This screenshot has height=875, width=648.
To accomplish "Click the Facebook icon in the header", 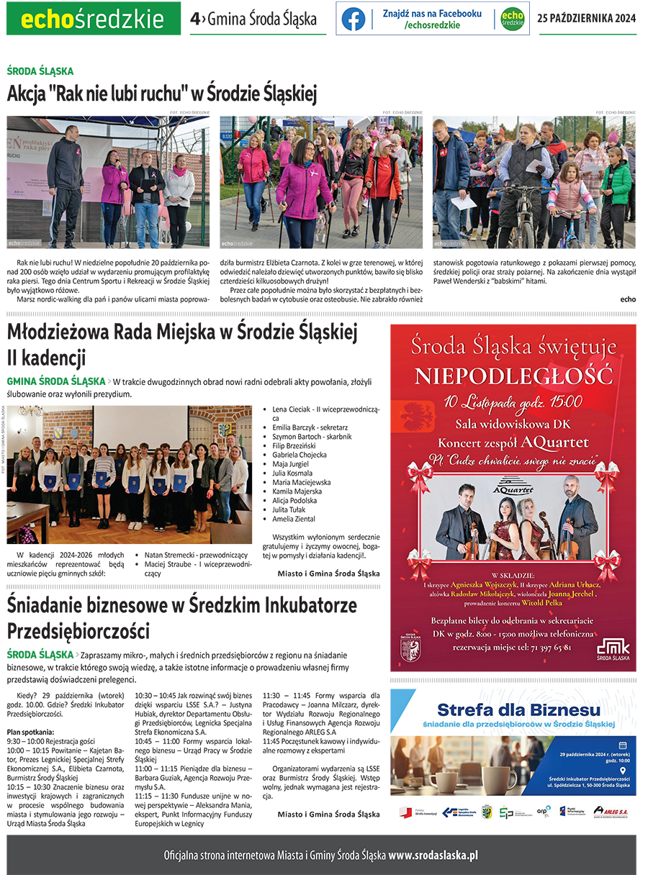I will tap(354, 19).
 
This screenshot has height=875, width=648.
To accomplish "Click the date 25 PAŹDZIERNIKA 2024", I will tap(587, 19).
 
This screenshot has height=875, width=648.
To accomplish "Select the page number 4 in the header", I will tap(194, 19).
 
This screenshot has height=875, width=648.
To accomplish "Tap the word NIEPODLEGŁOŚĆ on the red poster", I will tap(513, 376).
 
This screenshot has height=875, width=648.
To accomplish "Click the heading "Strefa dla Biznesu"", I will tap(518, 711).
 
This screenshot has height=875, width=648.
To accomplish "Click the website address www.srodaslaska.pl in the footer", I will tap(433, 856).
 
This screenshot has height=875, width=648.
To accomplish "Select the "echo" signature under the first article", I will tap(628, 299).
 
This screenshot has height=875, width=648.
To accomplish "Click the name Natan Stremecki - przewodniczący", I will tap(196, 556).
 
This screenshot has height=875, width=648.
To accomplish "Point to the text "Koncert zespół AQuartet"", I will tap(513, 442).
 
